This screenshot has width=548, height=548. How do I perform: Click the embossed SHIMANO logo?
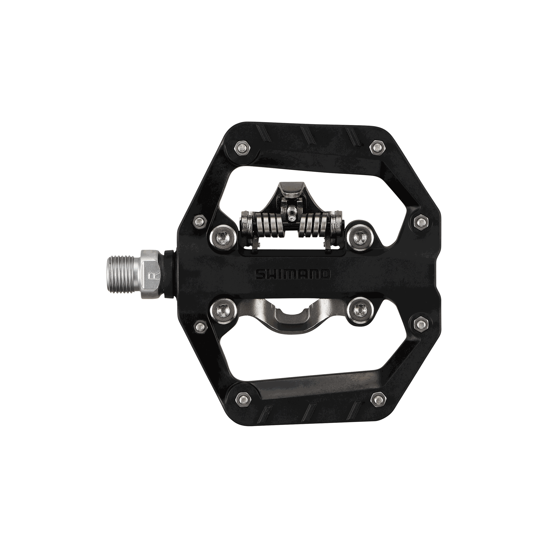point(293,274)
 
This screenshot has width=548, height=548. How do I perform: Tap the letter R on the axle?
point(151,276)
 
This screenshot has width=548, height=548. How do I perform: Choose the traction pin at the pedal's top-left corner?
point(242,148)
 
